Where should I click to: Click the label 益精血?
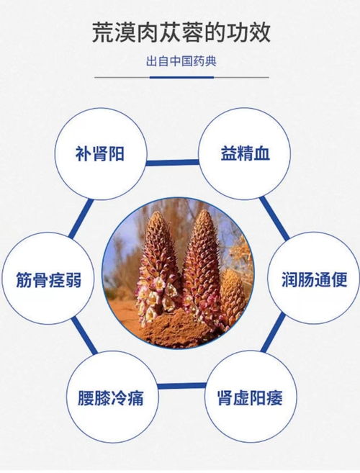(x=246, y=154)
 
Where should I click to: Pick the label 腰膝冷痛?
(x=109, y=397)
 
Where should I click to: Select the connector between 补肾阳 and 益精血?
(x=173, y=162)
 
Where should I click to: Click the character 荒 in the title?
(x=102, y=32)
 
